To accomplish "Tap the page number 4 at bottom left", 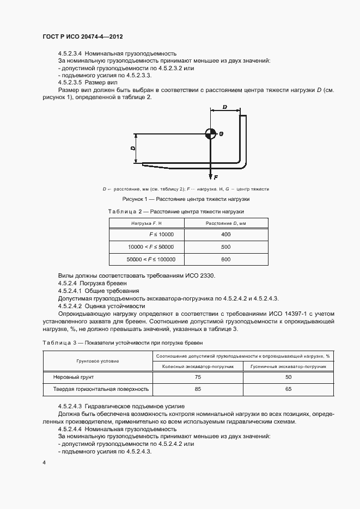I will click(x=44, y=463).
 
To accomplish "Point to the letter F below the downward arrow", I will click(x=216, y=177).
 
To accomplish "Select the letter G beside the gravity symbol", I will click(x=221, y=133).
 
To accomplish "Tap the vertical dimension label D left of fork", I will click(x=132, y=148).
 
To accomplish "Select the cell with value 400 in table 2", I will click(x=226, y=234).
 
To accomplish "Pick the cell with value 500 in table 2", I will click(x=226, y=247).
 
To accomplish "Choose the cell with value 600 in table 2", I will click(x=226, y=260).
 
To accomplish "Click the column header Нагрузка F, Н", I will click(x=147, y=223).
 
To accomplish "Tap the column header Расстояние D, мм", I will click(x=226, y=223).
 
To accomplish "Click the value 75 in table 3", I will click(x=198, y=377).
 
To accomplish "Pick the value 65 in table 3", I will click(x=288, y=389).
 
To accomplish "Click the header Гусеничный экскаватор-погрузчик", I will click(x=288, y=366).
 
